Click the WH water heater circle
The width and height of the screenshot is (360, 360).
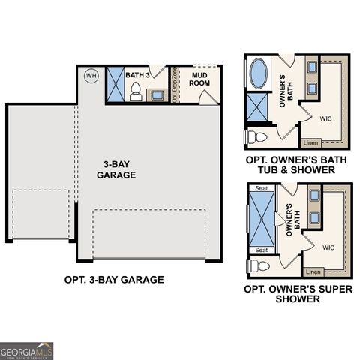click(x=91, y=75)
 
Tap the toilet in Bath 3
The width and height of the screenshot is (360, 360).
click(x=136, y=91)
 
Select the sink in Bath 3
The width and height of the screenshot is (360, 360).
click(x=158, y=94)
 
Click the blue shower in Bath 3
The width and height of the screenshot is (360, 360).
click(x=115, y=83)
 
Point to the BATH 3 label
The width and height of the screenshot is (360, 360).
click(x=137, y=75)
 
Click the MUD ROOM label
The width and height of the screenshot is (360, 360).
click(x=199, y=79)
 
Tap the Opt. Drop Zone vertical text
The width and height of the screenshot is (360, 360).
click(x=175, y=85)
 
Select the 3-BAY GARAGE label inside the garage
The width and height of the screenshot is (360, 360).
click(x=116, y=169)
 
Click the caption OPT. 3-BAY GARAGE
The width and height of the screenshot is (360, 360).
click(x=114, y=280)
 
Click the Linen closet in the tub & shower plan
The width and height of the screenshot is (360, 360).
click(x=310, y=142)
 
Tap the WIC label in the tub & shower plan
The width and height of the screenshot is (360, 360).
click(x=326, y=118)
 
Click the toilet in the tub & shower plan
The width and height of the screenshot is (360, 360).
click(x=254, y=136)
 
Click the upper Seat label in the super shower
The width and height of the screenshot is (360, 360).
click(x=262, y=189)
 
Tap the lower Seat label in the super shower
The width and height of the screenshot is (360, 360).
click(x=262, y=250)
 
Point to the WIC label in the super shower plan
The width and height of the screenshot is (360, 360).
click(x=328, y=247)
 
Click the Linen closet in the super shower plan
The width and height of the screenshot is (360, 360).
click(x=313, y=271)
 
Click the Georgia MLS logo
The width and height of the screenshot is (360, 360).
click(x=27, y=350)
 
